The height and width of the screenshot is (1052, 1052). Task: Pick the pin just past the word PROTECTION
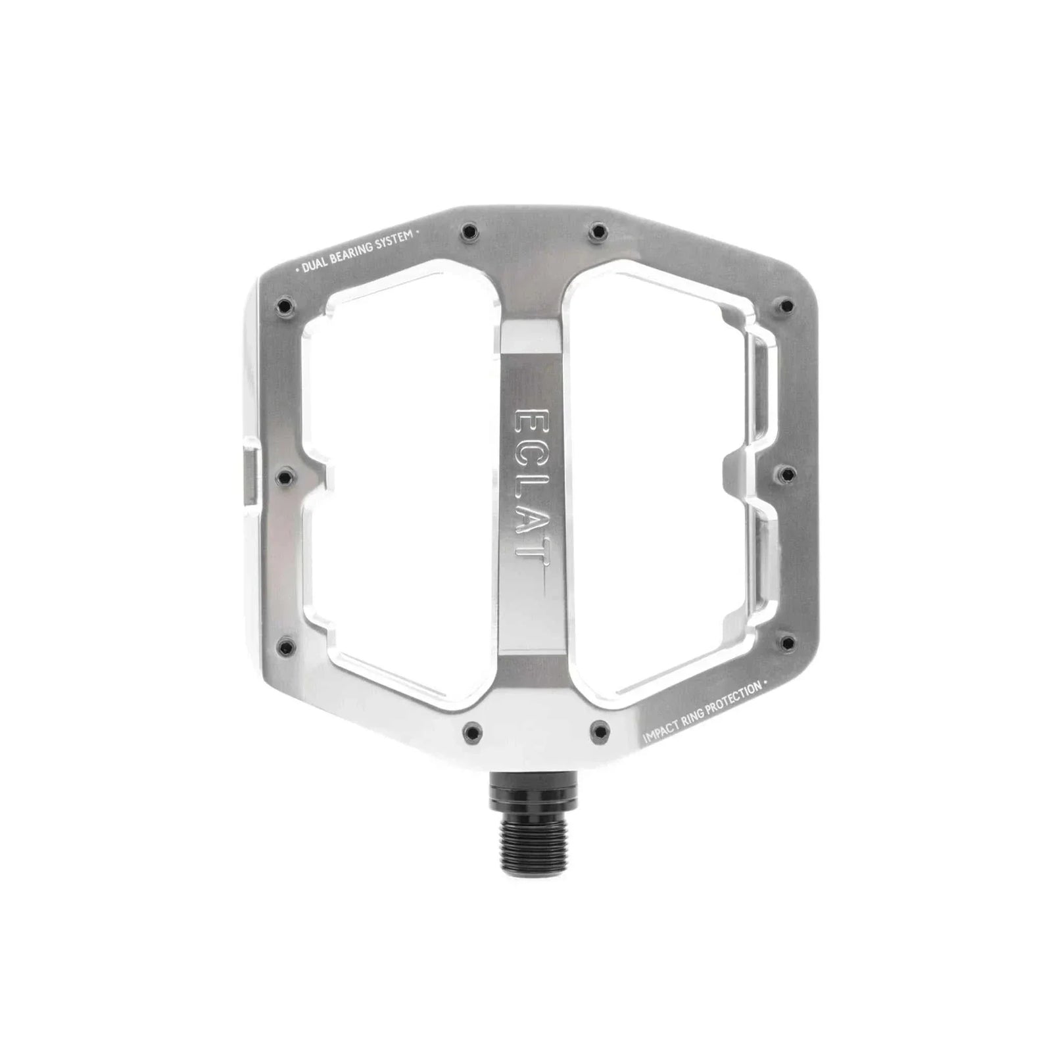point(782,642)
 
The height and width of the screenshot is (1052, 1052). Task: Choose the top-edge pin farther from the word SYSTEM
point(597,231)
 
